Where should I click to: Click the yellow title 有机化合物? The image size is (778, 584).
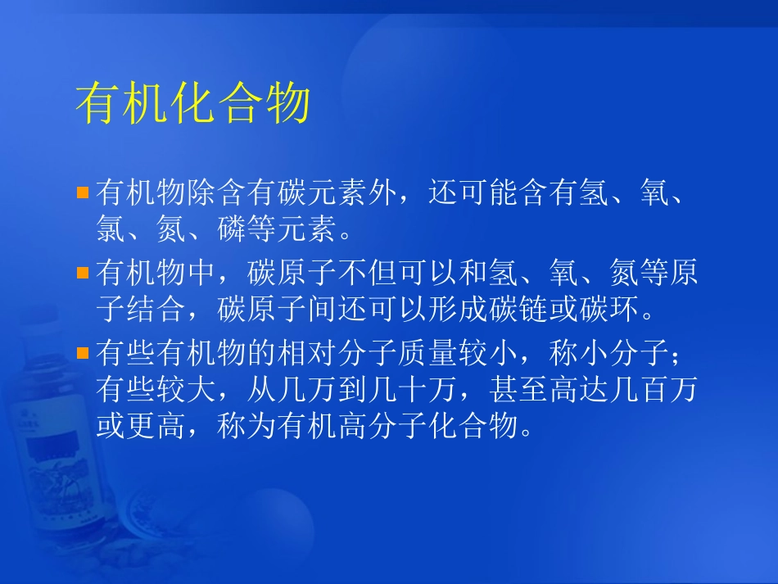(192, 105)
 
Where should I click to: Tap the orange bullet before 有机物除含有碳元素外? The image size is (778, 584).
(82, 193)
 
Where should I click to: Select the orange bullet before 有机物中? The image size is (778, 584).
(82, 273)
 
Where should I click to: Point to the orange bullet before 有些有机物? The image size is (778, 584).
(82, 353)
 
